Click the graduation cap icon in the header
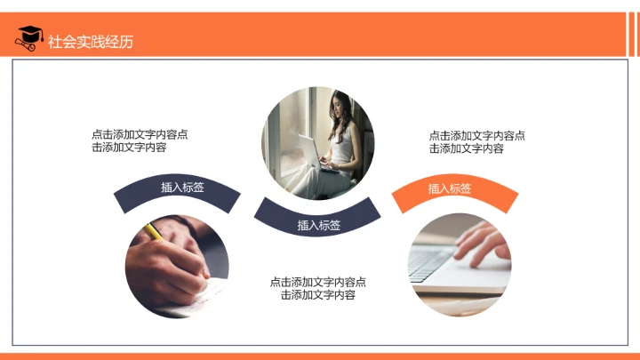[28, 38]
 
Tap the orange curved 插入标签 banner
[450, 189]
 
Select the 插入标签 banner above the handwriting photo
[182, 188]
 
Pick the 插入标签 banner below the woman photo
[318, 225]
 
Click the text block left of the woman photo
[139, 141]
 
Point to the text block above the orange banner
[476, 142]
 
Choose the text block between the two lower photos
[317, 288]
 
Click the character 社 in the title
[55, 41]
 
